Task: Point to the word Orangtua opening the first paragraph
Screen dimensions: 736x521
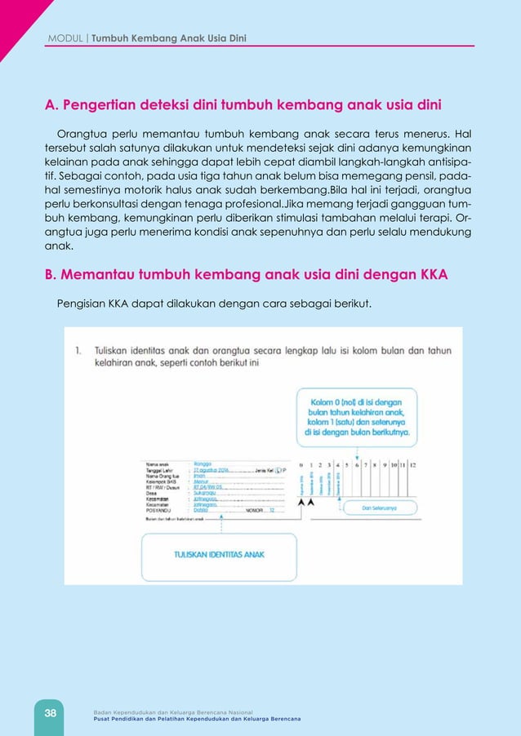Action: pos(80,134)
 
